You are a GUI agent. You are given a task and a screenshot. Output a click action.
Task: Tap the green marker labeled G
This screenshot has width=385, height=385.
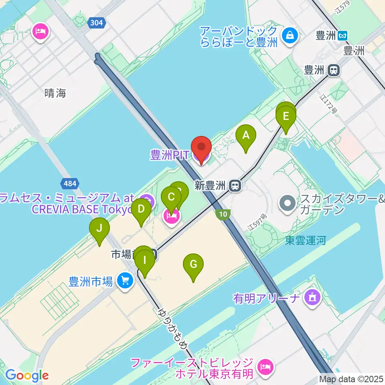point(193,265)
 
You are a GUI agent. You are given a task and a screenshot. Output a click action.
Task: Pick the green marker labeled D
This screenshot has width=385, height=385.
point(141,210)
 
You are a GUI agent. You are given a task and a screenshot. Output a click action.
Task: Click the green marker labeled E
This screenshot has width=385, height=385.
point(286,117)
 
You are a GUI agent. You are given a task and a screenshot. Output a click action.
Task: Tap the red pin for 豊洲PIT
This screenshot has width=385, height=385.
point(201,148)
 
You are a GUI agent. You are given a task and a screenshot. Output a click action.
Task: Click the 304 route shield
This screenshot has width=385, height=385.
point(96,23)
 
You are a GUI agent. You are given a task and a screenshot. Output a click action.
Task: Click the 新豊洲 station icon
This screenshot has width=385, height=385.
point(235,185)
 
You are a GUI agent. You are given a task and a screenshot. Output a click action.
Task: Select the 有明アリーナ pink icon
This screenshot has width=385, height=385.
point(312,298)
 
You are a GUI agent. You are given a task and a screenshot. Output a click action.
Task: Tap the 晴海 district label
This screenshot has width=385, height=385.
point(55,93)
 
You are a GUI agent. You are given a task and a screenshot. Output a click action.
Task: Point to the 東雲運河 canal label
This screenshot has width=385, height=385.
point(305,240)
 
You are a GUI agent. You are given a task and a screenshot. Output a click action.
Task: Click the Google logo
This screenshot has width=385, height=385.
point(27,376)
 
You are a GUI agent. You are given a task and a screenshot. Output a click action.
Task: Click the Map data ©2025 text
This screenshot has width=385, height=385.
point(351,379)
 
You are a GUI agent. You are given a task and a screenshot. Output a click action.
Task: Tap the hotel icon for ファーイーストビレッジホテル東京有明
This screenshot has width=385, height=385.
point(265,366)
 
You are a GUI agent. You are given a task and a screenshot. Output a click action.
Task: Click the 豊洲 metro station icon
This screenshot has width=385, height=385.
point(342,35)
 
